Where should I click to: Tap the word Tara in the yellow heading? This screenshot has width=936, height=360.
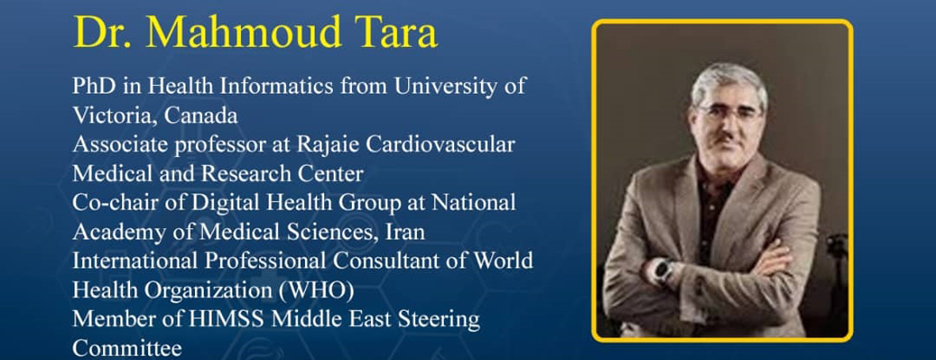point(397,32)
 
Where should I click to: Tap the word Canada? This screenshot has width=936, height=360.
point(201,115)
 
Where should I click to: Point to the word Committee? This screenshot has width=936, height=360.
point(127,349)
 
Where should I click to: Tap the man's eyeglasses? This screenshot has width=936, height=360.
point(729,113)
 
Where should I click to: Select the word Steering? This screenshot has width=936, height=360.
point(442,320)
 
